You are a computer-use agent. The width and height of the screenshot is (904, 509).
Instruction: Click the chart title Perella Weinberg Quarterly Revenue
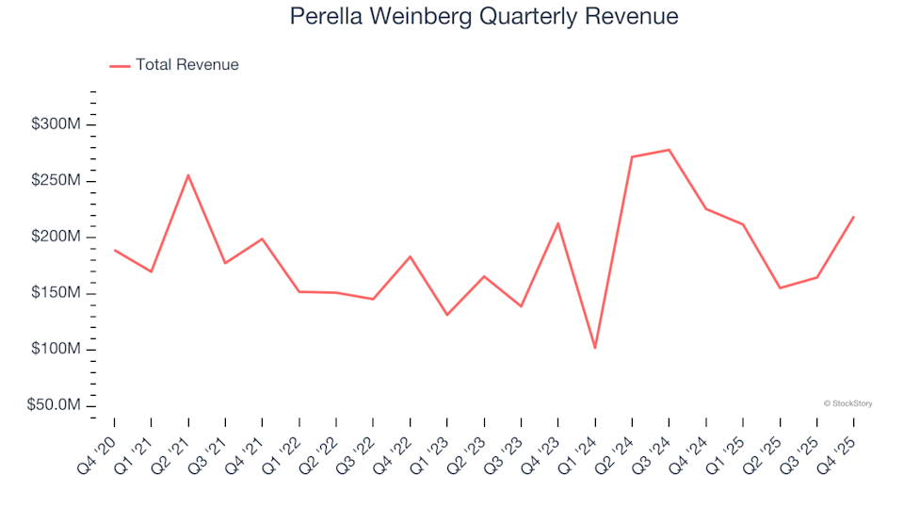coord(484,17)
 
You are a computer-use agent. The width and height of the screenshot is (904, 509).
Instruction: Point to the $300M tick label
coord(56,125)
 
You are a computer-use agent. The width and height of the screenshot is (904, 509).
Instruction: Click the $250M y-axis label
coord(56,181)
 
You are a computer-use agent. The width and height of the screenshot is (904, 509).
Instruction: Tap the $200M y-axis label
coord(56,238)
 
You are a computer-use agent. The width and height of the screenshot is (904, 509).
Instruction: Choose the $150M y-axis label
coord(56,293)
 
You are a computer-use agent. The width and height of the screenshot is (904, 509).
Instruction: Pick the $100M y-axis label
coord(56,350)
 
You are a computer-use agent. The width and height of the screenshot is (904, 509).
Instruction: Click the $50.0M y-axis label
coord(54,406)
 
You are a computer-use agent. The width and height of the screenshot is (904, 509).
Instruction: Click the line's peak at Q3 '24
coord(669,150)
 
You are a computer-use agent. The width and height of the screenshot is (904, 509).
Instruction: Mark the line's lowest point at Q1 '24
coord(595,348)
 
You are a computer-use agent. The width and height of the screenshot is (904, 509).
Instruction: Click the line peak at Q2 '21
coord(188,175)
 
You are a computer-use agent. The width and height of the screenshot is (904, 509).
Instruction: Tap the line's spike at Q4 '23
coord(558,223)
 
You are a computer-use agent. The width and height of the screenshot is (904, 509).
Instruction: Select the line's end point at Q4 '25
coord(853,217)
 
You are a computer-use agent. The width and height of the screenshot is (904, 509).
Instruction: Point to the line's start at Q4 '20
coord(115,250)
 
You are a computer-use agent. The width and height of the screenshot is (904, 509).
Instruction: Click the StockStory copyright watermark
coord(847,403)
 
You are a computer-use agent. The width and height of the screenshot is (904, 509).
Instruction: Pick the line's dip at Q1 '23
coord(447,315)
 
